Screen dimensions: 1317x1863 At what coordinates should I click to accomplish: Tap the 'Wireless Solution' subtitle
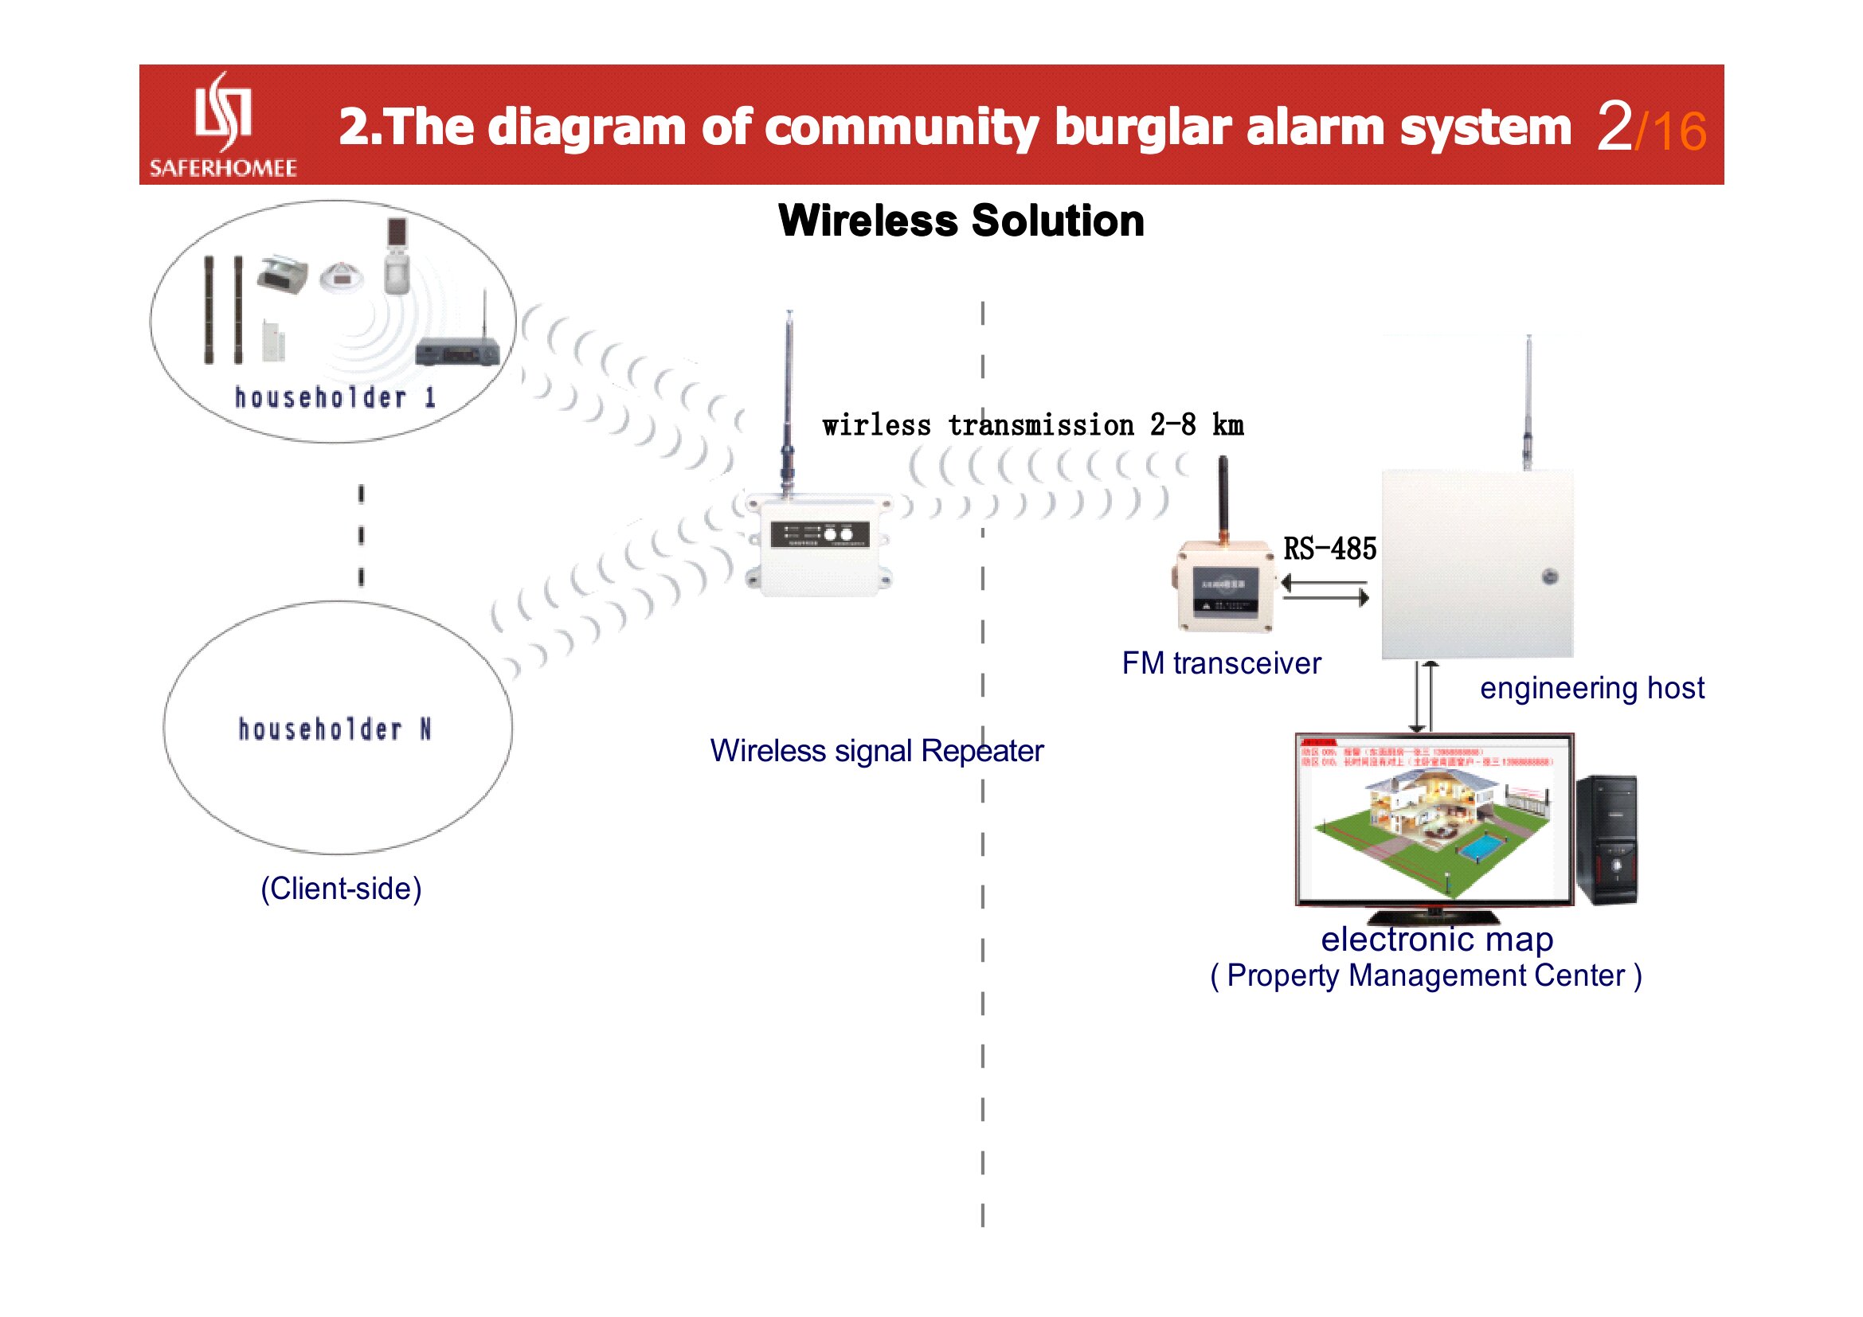[961, 221]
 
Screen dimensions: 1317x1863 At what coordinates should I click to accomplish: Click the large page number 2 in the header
[1614, 127]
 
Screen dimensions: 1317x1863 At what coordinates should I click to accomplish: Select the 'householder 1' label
[335, 397]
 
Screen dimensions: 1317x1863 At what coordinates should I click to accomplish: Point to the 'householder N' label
[335, 729]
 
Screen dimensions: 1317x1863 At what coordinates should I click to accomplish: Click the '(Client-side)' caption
[341, 888]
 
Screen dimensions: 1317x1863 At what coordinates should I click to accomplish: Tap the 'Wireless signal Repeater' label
[876, 750]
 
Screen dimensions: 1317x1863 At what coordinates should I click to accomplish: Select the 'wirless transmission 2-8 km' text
[1032, 425]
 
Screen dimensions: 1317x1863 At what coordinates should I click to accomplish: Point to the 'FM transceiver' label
[1221, 663]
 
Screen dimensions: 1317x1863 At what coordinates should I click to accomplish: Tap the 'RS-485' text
[1329, 549]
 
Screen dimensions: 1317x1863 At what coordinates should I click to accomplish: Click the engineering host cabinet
[1477, 564]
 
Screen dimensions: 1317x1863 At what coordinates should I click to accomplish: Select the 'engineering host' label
[1591, 688]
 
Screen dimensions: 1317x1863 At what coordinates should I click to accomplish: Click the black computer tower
[1607, 839]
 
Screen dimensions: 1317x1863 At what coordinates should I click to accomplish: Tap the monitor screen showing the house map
[1434, 819]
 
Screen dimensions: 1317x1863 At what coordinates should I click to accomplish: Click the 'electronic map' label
[1437, 939]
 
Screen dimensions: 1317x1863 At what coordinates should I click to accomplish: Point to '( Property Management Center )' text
[1426, 975]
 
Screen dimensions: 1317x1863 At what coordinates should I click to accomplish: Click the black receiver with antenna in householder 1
[457, 353]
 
